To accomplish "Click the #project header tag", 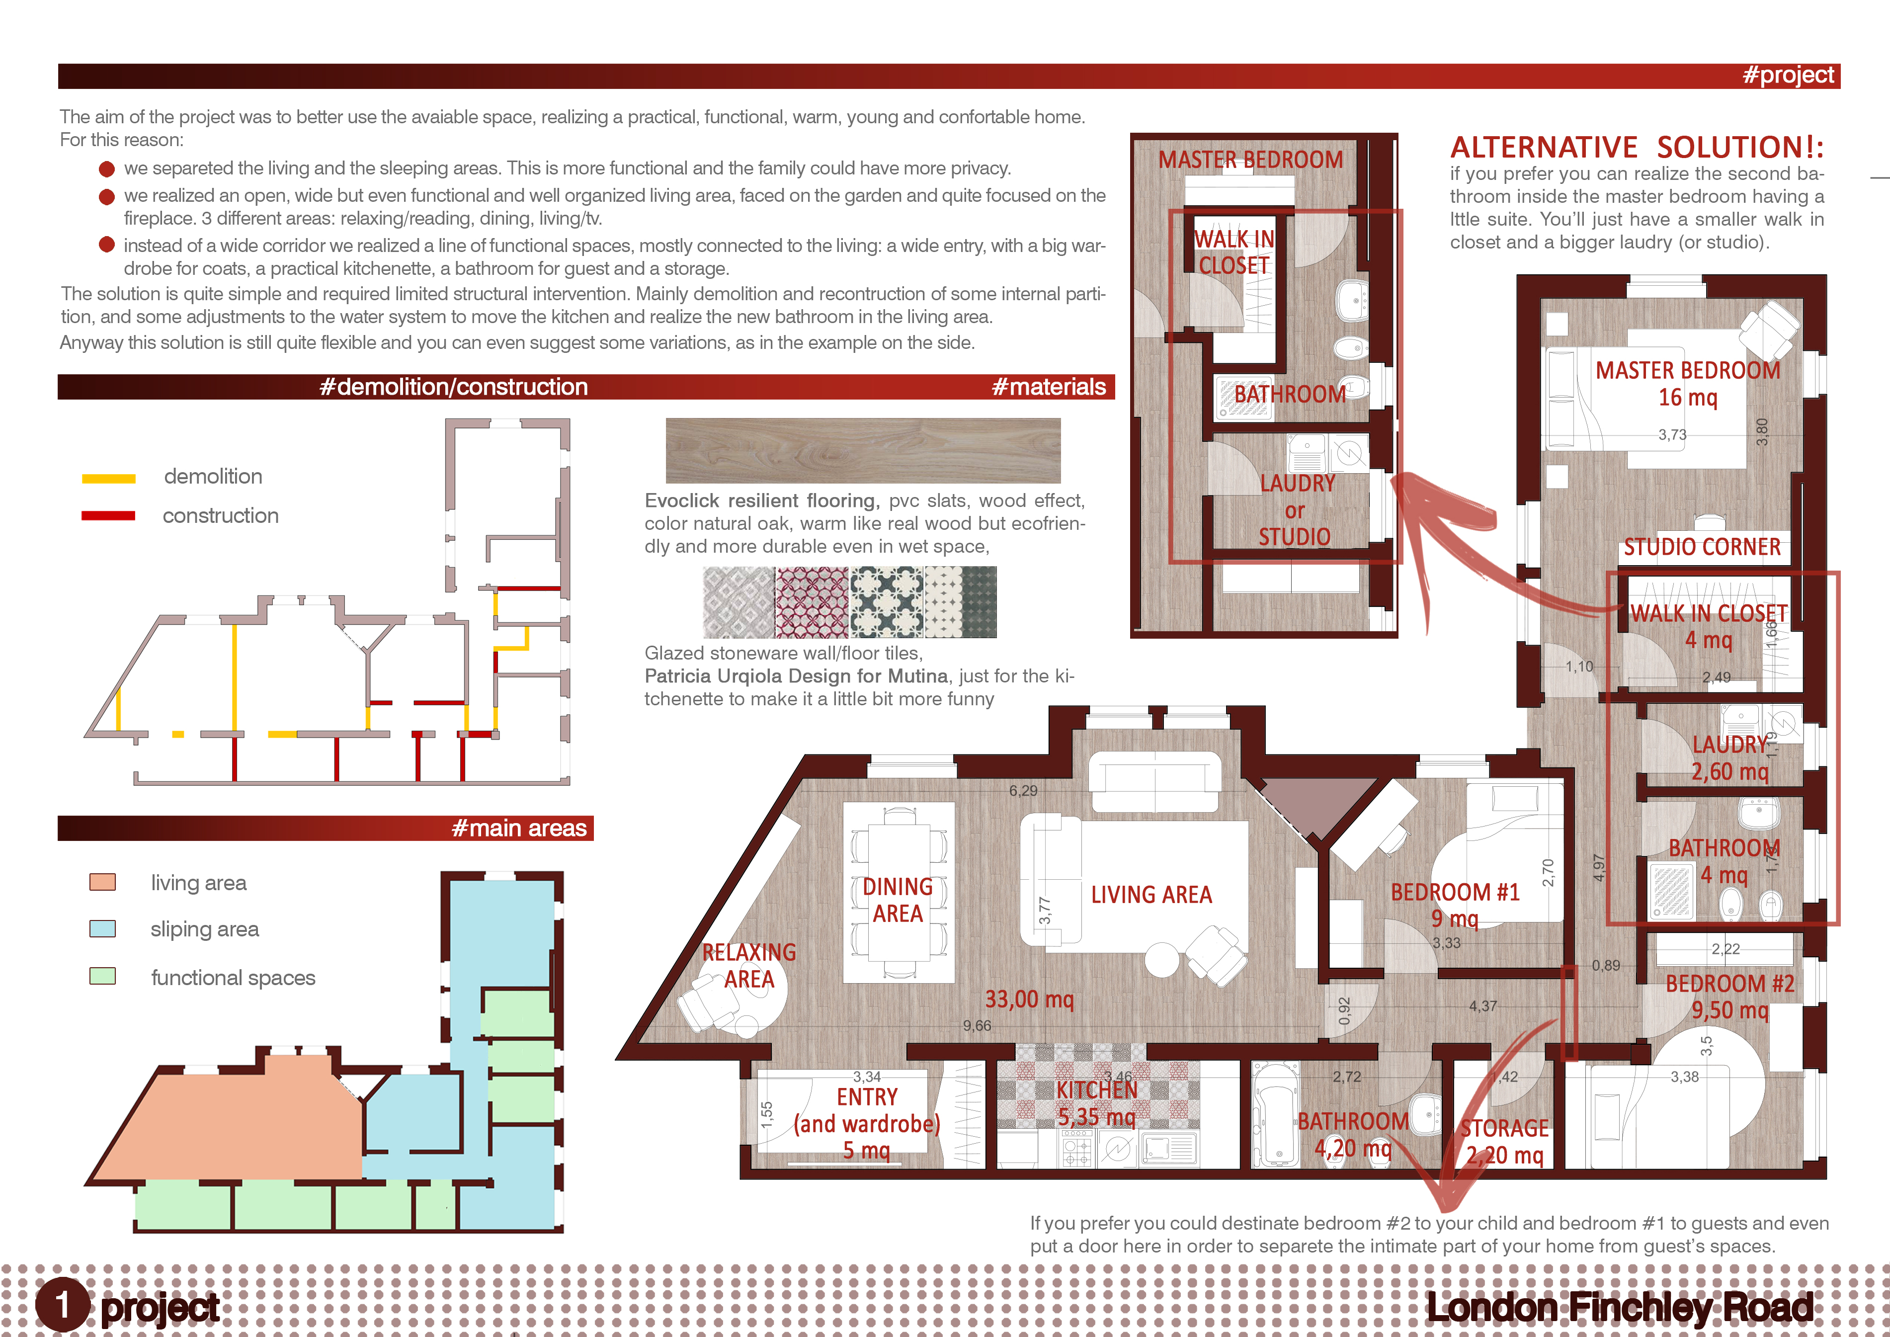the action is coord(1788,76).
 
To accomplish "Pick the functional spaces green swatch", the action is coord(102,976).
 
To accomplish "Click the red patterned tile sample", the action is coord(811,602).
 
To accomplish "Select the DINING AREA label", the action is coord(897,900).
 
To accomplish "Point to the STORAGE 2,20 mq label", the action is coord(1505,1142).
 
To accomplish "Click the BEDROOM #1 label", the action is coord(1455,893).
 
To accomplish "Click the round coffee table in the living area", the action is coord(1161,960).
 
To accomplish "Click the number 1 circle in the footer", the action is coord(62,1305).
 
